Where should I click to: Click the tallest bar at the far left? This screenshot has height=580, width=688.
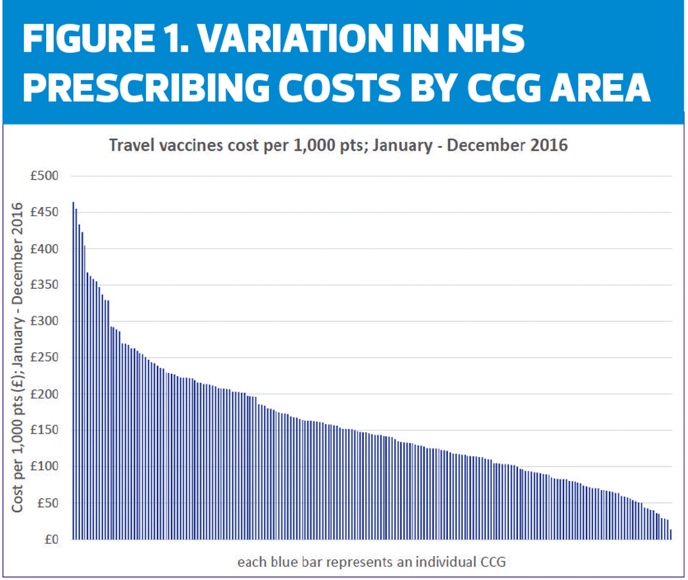pyautogui.click(x=74, y=372)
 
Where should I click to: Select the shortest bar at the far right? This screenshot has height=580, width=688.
pyautogui.click(x=671, y=535)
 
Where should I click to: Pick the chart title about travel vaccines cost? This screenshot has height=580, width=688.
pyautogui.click(x=336, y=147)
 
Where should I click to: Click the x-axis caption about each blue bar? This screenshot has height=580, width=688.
pyautogui.click(x=372, y=562)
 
